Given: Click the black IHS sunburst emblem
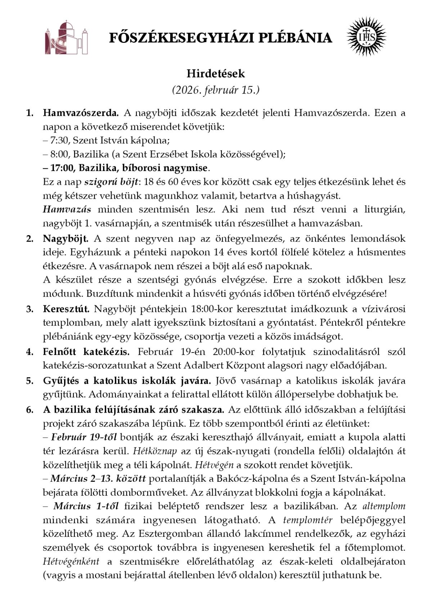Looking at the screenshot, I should (366, 37).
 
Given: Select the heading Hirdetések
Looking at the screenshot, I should (216, 74).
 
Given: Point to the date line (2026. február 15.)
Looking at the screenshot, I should (216, 90).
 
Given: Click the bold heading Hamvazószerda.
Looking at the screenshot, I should (81, 113).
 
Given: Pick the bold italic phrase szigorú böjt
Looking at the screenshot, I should (111, 181).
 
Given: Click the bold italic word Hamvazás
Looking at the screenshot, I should (67, 209).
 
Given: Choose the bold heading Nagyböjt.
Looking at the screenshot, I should (66, 238).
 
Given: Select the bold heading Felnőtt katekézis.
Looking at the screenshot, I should (86, 351).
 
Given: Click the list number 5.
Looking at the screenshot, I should (30, 380).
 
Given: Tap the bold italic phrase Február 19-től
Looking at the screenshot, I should (84, 437).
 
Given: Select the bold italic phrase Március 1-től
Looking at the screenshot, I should (86, 506).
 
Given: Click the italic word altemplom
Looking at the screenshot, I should (384, 506).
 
